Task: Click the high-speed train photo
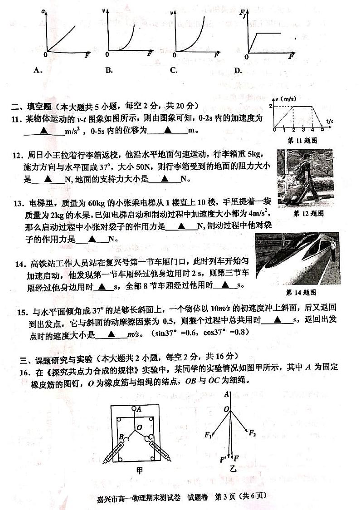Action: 297,259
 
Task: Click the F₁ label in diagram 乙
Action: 208,435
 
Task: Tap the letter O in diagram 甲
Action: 139,427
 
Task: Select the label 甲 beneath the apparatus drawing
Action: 139,471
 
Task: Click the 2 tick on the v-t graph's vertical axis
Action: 271,106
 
